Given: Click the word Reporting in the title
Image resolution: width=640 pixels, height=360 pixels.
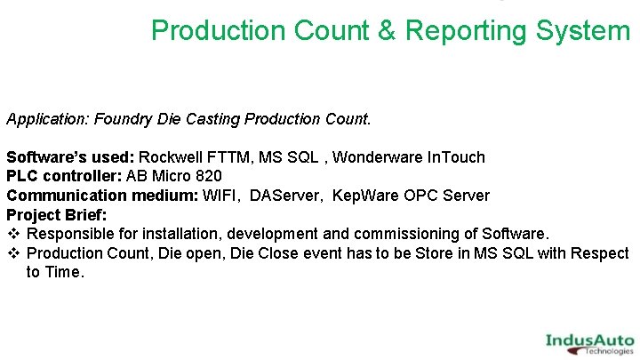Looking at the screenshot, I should pos(466,31).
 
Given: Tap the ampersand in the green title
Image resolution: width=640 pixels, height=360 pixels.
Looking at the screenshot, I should pos(388,31).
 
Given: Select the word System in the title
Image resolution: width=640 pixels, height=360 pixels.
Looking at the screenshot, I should pos(582,31).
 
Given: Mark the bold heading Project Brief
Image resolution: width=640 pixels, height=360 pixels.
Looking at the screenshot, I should pos(56,215).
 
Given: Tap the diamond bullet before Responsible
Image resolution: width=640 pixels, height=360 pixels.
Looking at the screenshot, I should pos(13,234).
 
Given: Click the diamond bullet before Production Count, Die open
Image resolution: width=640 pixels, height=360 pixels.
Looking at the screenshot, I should pos(13,253).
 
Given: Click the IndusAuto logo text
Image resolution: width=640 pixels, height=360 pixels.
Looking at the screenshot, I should pos(589,340).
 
